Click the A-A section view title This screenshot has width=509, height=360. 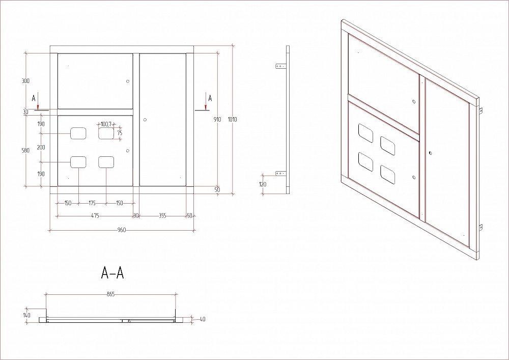click(x=112, y=273)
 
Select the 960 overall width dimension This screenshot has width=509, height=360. click(x=122, y=230)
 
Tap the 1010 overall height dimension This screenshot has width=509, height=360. click(x=232, y=120)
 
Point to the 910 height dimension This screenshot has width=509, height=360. click(x=217, y=120)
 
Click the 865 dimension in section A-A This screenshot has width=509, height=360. click(x=110, y=294)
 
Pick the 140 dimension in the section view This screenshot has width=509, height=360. click(x=26, y=315)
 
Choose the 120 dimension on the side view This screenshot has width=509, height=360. click(x=263, y=184)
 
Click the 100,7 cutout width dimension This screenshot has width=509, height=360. click(x=106, y=124)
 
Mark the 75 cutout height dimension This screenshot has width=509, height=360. click(x=120, y=133)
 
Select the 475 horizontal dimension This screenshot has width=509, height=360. click(x=95, y=215)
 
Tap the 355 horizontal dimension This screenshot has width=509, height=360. click(x=162, y=215)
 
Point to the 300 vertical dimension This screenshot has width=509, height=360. click(x=25, y=81)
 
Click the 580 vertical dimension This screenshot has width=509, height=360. click(x=25, y=150)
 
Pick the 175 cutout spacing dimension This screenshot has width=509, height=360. click(x=92, y=203)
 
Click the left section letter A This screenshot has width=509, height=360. click(x=34, y=98)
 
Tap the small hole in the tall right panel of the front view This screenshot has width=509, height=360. click(x=145, y=120)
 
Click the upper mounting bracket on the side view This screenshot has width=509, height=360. click(x=281, y=66)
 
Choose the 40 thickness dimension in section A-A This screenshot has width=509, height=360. click(x=202, y=319)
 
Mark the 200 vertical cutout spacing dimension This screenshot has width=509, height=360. click(x=41, y=147)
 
